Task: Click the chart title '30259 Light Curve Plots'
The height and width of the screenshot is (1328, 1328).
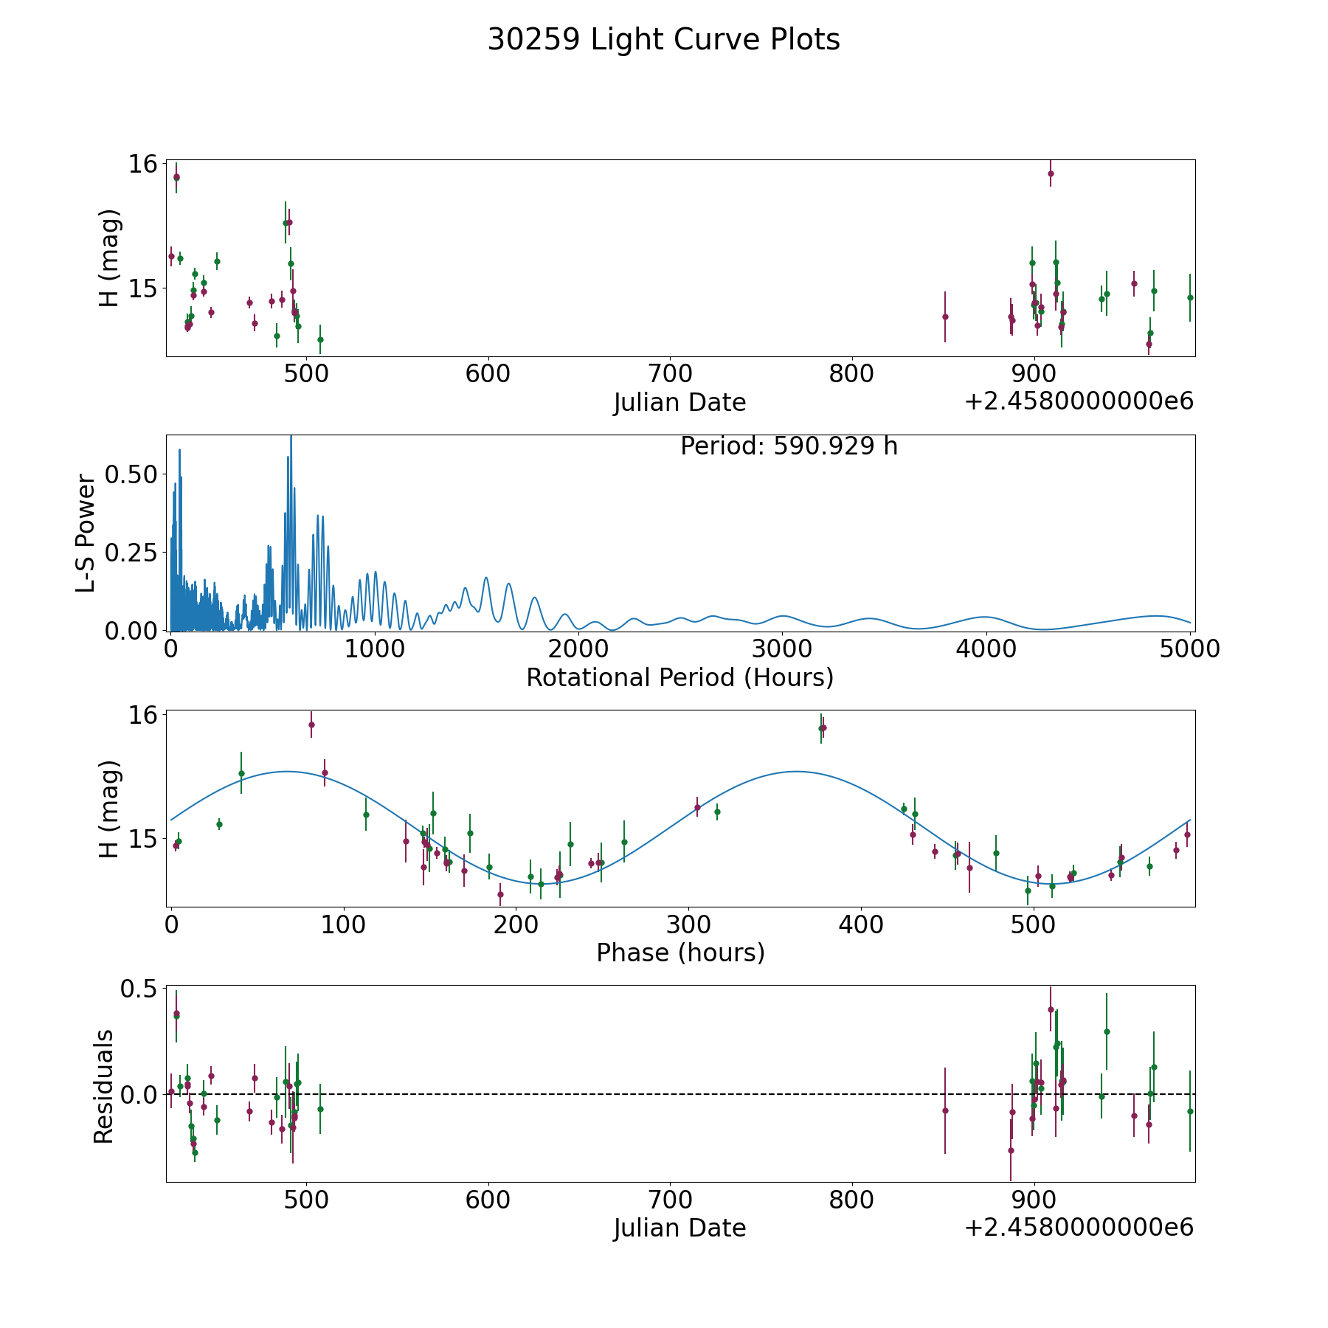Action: tap(663, 40)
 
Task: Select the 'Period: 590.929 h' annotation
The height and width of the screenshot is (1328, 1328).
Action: tap(789, 446)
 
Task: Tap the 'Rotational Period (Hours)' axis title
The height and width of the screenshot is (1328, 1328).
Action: tap(679, 677)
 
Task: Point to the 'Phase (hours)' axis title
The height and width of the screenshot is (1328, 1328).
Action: tap(679, 952)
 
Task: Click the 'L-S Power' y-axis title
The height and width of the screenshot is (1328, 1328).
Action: tap(86, 533)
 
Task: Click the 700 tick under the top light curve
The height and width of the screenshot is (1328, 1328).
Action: tap(669, 374)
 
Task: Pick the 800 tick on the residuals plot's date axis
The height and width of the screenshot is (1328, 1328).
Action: tap(851, 1200)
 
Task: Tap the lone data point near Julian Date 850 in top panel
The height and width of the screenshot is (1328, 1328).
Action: tap(945, 317)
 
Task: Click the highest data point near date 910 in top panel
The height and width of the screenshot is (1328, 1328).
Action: tap(1051, 174)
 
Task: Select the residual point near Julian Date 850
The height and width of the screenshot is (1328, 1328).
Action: tap(945, 1110)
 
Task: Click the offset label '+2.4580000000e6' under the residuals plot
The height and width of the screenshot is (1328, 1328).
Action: tap(1079, 1228)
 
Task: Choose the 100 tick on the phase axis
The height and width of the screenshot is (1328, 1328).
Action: tap(342, 924)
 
